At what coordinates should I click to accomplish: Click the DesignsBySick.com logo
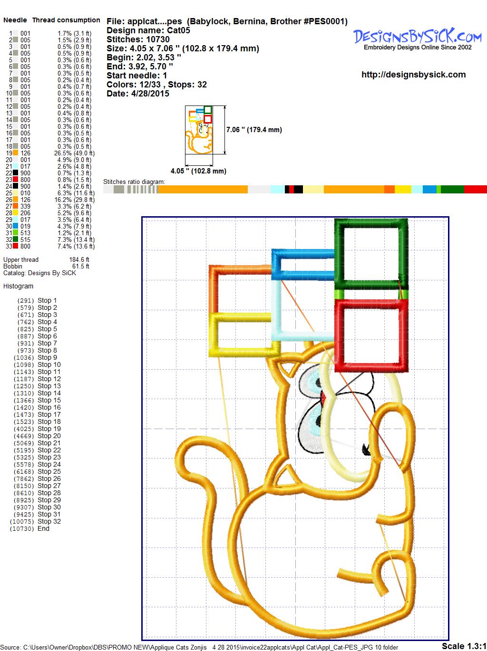(418, 39)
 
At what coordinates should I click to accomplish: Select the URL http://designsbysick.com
(413, 75)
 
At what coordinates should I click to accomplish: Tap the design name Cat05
(178, 30)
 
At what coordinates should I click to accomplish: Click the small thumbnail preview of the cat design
(199, 130)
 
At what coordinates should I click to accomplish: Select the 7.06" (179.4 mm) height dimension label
(254, 130)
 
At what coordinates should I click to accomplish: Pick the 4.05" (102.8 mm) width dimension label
(198, 171)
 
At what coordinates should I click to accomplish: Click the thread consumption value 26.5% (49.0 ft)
(74, 153)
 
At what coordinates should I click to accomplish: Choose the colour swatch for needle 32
(15, 239)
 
